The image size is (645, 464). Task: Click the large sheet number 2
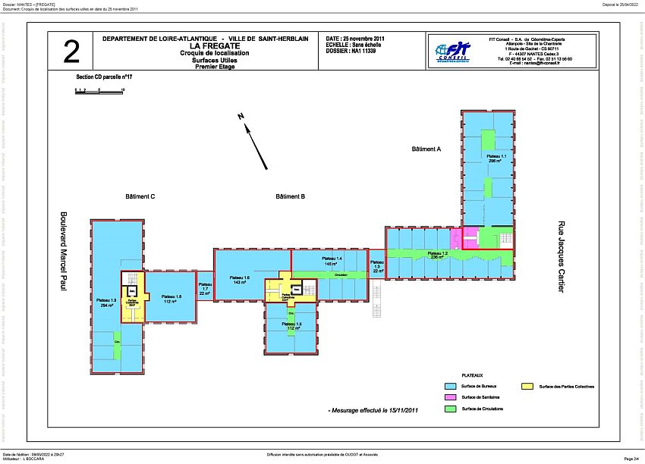(x=71, y=52)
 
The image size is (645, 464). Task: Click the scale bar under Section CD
(x=99, y=91)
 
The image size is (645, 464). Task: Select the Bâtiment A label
(x=426, y=149)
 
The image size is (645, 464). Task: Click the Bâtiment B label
(x=291, y=196)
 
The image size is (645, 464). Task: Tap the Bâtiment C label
(x=140, y=196)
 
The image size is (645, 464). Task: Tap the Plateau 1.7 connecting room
(x=204, y=290)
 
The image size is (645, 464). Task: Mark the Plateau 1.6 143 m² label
(x=242, y=280)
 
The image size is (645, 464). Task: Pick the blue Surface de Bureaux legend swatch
(x=448, y=387)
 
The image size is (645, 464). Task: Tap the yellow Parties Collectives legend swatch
(x=525, y=387)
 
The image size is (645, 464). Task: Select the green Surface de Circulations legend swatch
(x=448, y=409)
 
